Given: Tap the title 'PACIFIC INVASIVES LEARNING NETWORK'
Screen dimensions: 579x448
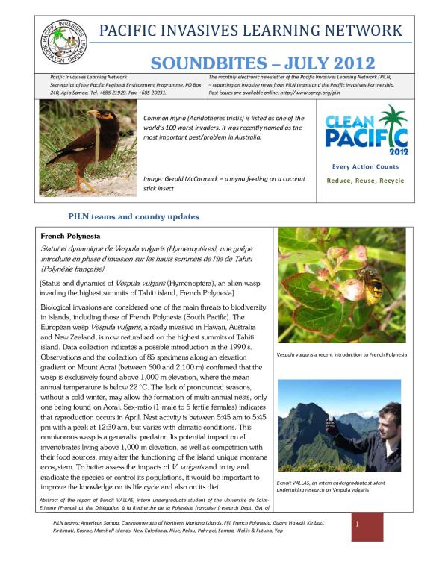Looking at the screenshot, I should [251, 31].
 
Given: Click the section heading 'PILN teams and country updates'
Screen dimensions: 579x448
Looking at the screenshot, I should [134, 216].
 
